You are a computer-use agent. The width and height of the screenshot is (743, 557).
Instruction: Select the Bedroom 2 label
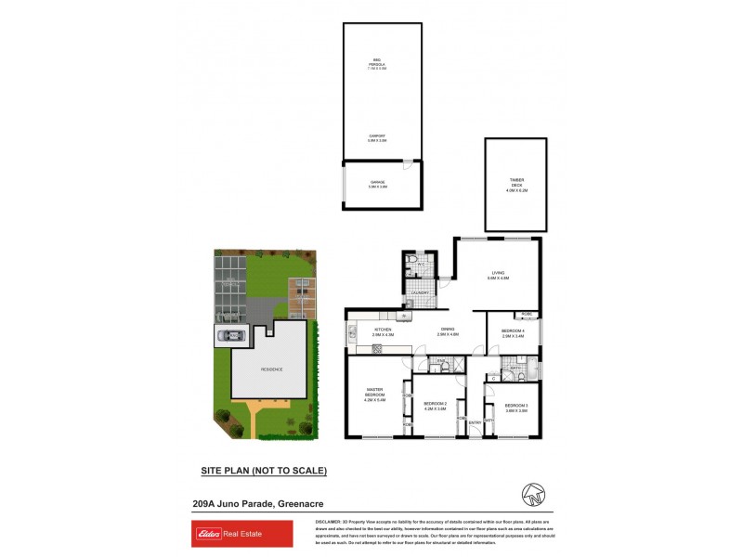coord(436,405)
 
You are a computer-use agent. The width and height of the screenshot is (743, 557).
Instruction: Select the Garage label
coord(377,185)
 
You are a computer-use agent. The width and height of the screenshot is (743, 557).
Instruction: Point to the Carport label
coord(377,138)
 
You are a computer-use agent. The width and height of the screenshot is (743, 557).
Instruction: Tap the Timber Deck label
coord(516,185)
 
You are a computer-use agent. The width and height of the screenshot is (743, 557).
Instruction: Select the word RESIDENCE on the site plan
coord(271,369)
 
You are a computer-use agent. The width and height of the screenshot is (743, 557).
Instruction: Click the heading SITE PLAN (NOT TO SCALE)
coord(264,471)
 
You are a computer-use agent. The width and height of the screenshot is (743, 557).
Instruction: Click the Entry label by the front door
coord(475,423)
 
